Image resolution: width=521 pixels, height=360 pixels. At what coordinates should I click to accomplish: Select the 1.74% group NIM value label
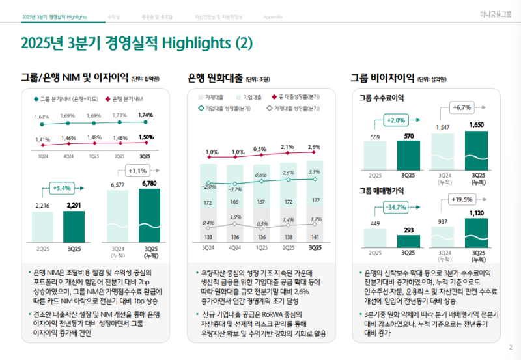pos(146,115)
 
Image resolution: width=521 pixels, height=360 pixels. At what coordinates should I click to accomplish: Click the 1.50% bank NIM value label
pos(146,137)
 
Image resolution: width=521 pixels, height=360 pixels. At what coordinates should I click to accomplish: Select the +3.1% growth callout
pos(138,171)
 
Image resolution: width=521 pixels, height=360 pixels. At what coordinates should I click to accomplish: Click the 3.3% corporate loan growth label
pos(315,172)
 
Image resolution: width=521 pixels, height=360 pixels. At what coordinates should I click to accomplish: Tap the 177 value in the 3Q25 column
pos(315,201)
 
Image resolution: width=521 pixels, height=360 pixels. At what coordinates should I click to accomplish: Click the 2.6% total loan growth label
pos(315,147)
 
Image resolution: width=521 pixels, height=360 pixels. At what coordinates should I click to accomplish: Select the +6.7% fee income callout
pos(461,107)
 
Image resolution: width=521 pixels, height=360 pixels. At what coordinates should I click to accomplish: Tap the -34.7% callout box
pos(396,207)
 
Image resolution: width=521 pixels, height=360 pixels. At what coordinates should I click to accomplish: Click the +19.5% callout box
pos(461,199)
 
